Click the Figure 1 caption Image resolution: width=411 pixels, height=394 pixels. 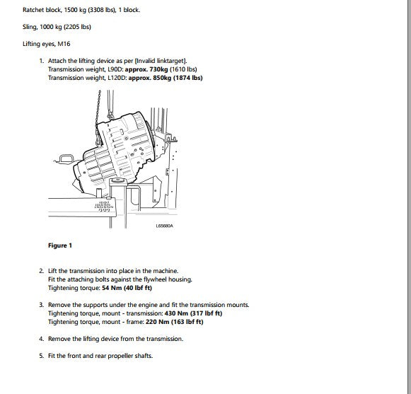pyautogui.click(x=60, y=245)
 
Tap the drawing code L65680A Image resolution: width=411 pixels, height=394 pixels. pyautogui.click(x=164, y=226)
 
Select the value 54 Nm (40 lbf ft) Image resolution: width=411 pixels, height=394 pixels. pyautogui.click(x=127, y=288)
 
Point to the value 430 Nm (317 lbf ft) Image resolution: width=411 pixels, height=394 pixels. pyautogui.click(x=193, y=313)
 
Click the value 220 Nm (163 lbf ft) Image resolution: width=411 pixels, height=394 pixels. pyautogui.click(x=174, y=322)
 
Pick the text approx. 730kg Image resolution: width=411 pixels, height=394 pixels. pyautogui.click(x=146, y=69)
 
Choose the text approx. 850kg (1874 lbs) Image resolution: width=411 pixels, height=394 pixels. pyautogui.click(x=166, y=78)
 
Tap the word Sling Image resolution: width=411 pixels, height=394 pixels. pyautogui.click(x=30, y=27)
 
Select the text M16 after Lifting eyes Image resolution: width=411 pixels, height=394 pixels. pyautogui.click(x=64, y=44)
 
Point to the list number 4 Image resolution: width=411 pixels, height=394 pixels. pyautogui.click(x=42, y=339)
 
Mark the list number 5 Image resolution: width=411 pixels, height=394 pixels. pyautogui.click(x=42, y=356)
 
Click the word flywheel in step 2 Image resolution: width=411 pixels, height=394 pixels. pyautogui.click(x=155, y=279)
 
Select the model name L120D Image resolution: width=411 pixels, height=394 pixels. pyautogui.click(x=116, y=78)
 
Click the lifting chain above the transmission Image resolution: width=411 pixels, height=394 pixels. pyautogui.click(x=98, y=112)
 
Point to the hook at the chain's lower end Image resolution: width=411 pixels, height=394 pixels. pyautogui.click(x=99, y=140)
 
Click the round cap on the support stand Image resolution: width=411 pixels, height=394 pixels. pyautogui.click(x=118, y=180)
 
